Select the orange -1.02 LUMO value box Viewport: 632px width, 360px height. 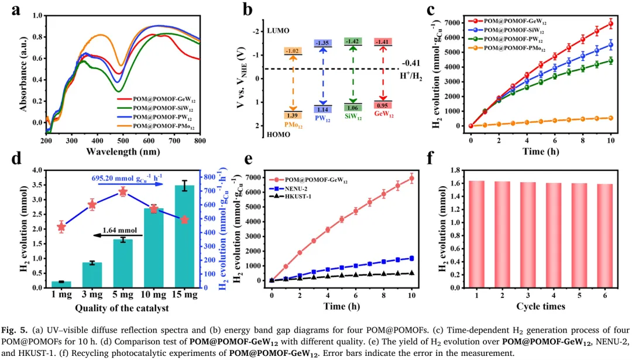pyautogui.click(x=293, y=52)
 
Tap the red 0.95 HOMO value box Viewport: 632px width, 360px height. pyautogui.click(x=383, y=105)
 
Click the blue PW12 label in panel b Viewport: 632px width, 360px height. pyautogui.click(x=324, y=118)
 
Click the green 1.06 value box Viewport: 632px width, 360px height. pyautogui.click(x=352, y=108)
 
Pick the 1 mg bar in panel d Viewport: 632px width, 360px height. pyautogui.click(x=61, y=284)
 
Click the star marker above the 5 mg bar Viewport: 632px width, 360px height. pyautogui.click(x=123, y=192)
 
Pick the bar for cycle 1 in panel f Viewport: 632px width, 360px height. pyautogui.click(x=477, y=234)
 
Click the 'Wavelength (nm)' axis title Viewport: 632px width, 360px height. pyautogui.click(x=123, y=152)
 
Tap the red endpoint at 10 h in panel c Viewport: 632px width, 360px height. pyautogui.click(x=610, y=24)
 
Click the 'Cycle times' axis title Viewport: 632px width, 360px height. pyautogui.click(x=540, y=307)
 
